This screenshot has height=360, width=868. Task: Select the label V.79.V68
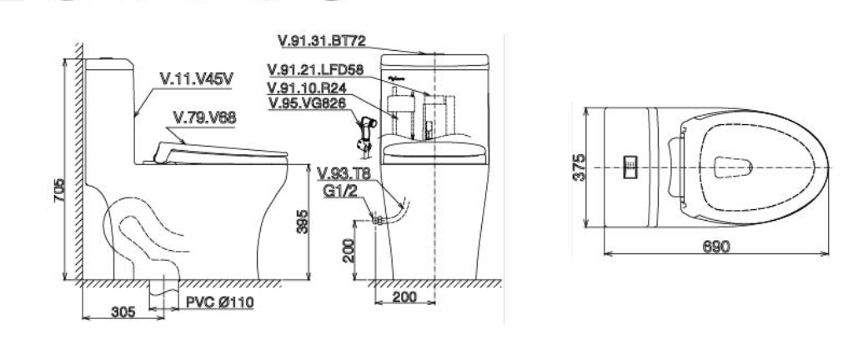203,117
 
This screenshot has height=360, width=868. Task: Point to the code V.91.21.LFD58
314,68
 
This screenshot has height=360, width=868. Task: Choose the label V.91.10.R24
305,87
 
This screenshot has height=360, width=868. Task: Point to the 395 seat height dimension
304,220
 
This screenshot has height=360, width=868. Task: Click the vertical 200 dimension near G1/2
351,249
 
